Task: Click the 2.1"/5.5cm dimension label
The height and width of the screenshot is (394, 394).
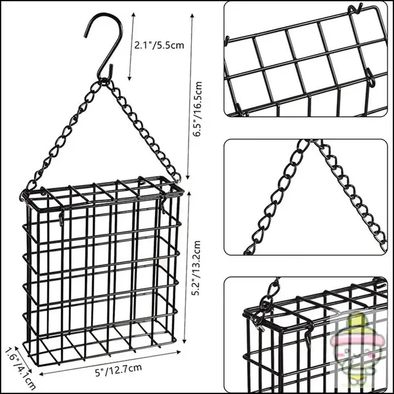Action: point(160,45)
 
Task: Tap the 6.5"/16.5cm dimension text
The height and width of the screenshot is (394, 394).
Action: point(198,109)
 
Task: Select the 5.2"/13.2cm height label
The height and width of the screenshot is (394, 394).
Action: point(196,268)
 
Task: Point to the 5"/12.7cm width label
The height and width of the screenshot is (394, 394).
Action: point(119,370)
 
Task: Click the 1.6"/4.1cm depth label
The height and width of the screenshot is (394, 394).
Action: point(20,368)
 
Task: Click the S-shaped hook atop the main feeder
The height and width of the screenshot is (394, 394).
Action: point(104,45)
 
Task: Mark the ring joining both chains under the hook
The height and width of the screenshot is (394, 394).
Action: point(103,81)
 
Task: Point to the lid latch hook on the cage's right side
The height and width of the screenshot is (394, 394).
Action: point(164,204)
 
